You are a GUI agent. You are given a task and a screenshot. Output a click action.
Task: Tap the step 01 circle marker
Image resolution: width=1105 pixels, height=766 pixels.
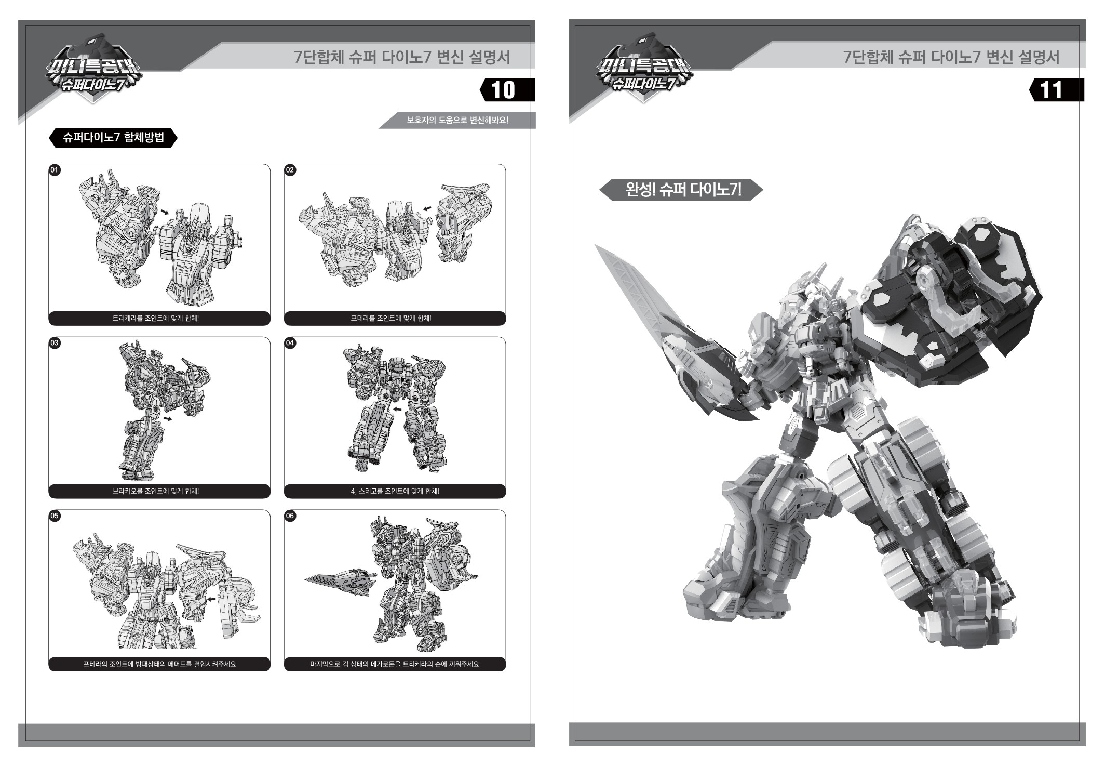pos(55,170)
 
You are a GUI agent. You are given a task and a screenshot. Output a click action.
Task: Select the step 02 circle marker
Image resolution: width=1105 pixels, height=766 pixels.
pos(290,170)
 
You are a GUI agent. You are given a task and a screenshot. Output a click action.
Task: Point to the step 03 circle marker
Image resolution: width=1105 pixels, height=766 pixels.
pos(55,343)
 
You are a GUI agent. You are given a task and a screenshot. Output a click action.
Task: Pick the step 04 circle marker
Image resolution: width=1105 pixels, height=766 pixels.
pos(290,343)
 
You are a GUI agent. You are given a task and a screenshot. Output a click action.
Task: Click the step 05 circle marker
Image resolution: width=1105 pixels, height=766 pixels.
pos(55,516)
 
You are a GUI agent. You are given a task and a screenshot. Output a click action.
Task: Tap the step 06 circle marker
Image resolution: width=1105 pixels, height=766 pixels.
pos(290,516)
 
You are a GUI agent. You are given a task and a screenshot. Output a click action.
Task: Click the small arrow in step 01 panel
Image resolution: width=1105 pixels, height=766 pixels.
pos(165,212)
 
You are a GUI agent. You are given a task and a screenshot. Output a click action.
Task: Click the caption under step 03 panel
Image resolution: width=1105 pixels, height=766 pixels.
pos(156,491)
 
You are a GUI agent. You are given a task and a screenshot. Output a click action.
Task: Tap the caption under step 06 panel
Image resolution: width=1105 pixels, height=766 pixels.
pos(395,664)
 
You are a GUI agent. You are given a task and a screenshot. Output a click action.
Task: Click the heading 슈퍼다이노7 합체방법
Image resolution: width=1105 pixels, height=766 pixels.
pos(113,138)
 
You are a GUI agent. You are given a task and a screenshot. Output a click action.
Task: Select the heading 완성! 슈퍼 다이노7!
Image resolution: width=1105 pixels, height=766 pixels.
pos(683,190)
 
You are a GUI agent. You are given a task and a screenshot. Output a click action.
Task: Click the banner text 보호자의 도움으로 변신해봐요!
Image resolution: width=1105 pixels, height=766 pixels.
pos(457,121)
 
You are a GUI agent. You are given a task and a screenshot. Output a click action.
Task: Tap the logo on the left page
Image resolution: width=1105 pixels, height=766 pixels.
pos(93,70)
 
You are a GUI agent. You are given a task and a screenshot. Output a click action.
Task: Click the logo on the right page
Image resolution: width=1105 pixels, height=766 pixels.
pos(643,70)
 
